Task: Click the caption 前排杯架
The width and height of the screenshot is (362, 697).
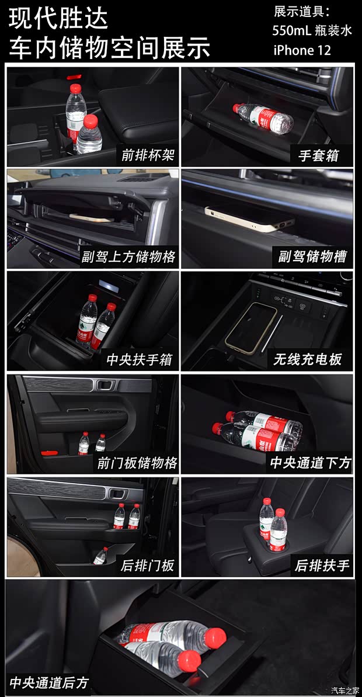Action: click(x=148, y=155)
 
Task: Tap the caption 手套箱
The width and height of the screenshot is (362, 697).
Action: click(x=318, y=155)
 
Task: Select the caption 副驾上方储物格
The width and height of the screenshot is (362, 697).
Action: click(x=128, y=256)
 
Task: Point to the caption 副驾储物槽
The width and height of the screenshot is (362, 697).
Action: click(x=312, y=256)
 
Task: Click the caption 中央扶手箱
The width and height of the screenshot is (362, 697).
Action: click(x=139, y=359)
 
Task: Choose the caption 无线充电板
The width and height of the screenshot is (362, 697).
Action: click(x=308, y=359)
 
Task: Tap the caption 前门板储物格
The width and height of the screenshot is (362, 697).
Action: click(x=137, y=463)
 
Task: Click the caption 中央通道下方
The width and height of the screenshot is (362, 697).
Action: click(x=310, y=463)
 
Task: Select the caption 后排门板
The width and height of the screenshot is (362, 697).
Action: click(x=148, y=566)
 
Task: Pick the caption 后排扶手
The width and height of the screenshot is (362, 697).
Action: click(x=322, y=566)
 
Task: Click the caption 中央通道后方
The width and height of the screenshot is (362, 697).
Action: click(x=49, y=682)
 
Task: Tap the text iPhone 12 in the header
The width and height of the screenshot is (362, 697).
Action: click(x=302, y=50)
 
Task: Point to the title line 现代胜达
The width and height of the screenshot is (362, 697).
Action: click(x=58, y=19)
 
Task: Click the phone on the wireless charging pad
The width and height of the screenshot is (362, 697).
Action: click(x=251, y=327)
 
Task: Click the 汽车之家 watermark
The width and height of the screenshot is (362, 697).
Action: click(x=346, y=690)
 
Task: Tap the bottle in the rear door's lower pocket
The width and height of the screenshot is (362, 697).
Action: click(x=100, y=555)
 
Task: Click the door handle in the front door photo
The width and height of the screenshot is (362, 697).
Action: click(x=106, y=386)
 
